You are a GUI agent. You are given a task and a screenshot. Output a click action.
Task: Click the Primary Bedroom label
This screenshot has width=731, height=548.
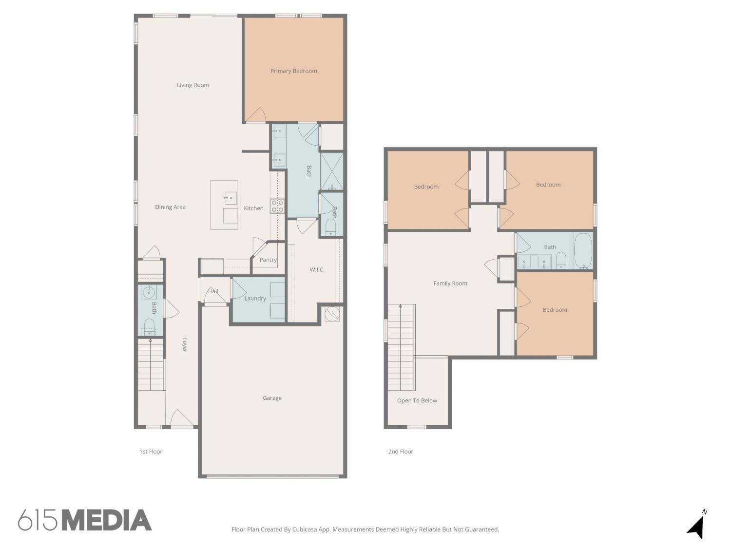[293, 71]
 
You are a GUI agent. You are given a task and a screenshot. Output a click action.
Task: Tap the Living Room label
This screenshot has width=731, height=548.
[193, 85]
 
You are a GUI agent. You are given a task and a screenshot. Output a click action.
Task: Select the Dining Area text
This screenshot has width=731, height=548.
[170, 207]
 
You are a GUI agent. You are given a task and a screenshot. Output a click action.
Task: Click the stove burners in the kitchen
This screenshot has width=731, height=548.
[277, 206]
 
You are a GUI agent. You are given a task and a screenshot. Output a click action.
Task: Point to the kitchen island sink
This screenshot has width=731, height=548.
[231, 198]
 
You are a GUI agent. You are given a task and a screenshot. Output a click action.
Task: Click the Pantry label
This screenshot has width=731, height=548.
[268, 260]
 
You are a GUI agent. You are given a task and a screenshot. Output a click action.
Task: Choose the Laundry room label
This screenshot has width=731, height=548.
[255, 299]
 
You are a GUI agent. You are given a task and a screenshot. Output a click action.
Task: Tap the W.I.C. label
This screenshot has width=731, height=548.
[317, 269]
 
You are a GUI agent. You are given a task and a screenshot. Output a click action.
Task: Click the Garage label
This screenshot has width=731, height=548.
[272, 398]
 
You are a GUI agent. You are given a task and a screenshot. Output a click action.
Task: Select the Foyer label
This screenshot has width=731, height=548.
[185, 344]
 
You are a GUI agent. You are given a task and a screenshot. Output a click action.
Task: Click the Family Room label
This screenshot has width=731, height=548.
[450, 283]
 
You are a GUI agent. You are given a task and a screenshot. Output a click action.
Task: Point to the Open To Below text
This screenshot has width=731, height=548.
[417, 400]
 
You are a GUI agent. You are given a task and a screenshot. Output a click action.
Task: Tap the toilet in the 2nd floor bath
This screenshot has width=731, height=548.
[561, 260]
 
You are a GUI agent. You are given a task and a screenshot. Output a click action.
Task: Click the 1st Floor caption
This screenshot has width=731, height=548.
[151, 452]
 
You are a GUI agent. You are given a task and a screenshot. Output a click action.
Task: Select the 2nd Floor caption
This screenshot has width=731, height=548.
[401, 452]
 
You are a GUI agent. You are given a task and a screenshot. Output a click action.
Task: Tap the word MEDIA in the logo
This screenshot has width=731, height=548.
[108, 520]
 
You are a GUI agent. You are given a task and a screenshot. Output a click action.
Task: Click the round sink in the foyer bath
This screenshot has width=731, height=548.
[149, 293]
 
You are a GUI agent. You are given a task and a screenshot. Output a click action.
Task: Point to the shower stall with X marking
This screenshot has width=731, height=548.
[332, 171]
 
